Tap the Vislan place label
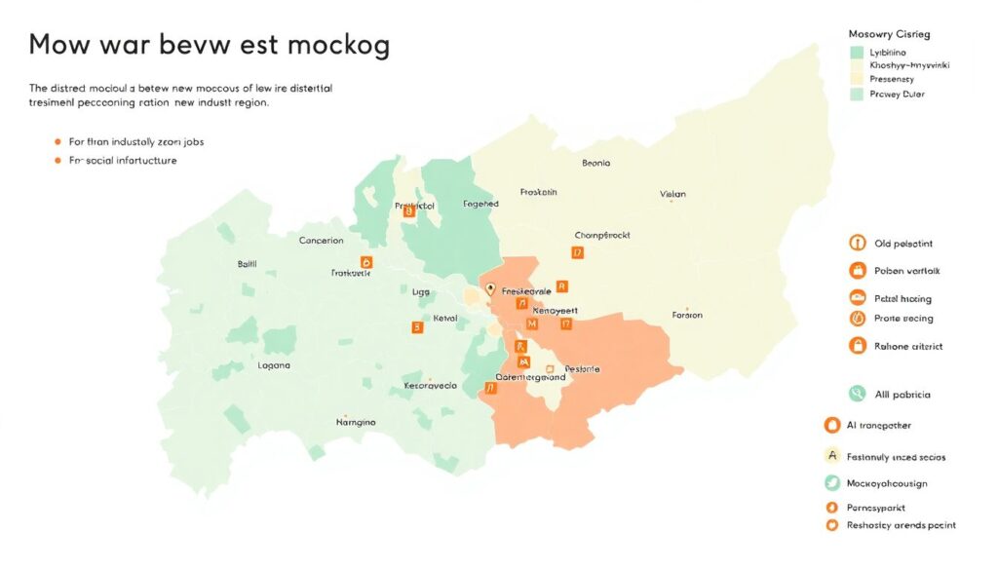(x=672, y=194)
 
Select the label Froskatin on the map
(x=539, y=192)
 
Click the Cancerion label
(x=321, y=240)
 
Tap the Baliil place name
(x=247, y=264)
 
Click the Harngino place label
(x=356, y=422)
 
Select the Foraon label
(x=687, y=315)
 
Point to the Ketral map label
(x=444, y=318)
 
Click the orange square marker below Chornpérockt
(x=577, y=252)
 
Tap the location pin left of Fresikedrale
(x=490, y=289)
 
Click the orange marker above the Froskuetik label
(x=366, y=261)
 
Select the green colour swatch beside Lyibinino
(x=857, y=52)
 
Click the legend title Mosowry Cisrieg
(x=889, y=33)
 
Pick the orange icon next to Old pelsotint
(x=858, y=243)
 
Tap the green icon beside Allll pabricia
(x=857, y=394)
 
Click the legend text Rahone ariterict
(x=908, y=346)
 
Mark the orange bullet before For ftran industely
(x=58, y=141)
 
